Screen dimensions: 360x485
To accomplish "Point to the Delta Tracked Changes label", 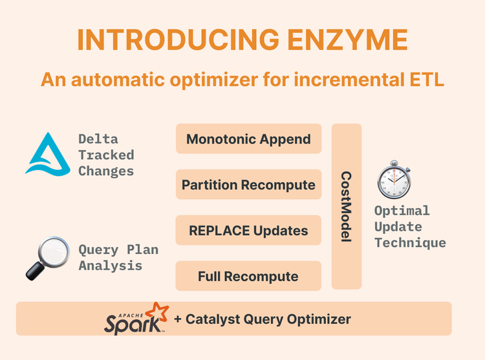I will (106, 155).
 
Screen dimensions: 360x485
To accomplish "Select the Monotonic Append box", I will (248, 139).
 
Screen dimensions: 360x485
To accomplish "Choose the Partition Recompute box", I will (248, 185).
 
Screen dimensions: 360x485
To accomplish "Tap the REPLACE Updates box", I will (248, 231).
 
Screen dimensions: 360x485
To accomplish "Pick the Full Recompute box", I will (248, 277).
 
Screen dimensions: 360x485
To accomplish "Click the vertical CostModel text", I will (346, 207).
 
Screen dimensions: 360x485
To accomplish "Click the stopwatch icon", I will (393, 180).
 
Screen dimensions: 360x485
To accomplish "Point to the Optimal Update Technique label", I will (410, 227).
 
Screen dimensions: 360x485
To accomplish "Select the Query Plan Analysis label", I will (118, 257).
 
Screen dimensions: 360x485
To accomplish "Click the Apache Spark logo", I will (136, 318).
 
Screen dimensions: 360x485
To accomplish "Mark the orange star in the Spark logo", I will (158, 311).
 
